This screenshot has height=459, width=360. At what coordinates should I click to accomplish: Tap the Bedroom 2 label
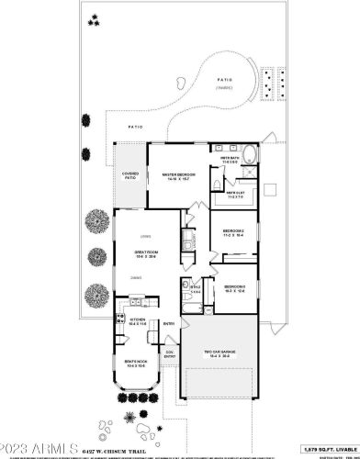pyautogui.click(x=233, y=232)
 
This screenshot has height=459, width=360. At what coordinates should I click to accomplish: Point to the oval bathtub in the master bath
pyautogui.click(x=251, y=151)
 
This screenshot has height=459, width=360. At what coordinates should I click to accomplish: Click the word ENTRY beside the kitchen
pyautogui.click(x=169, y=324)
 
